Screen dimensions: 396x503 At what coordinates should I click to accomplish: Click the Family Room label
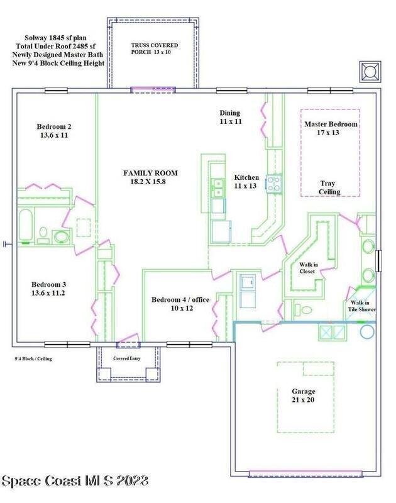coord(150,177)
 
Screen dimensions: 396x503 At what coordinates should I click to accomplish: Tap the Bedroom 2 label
coord(54,131)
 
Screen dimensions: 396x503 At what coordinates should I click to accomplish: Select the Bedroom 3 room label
coord(48,289)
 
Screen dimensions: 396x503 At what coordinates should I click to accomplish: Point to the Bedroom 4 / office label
coord(180,304)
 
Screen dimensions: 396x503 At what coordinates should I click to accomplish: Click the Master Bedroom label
coord(331,128)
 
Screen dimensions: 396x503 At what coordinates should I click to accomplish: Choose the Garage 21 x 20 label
coord(304,395)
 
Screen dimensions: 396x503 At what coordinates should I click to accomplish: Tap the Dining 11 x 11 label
coord(230,117)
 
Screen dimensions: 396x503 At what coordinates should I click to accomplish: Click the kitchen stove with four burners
coord(274,184)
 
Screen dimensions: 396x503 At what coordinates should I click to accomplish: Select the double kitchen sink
coord(218,187)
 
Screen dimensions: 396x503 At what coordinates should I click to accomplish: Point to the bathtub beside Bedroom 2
coord(25,224)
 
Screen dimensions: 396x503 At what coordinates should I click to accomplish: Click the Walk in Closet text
coord(308,268)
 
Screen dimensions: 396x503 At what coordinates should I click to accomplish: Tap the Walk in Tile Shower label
coord(361,306)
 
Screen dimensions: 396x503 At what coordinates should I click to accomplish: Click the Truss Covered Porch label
coord(154,48)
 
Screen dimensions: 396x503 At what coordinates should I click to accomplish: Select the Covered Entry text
coord(126,358)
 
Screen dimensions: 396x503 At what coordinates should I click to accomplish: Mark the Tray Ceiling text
coord(329,187)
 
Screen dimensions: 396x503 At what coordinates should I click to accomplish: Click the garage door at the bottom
coord(305,473)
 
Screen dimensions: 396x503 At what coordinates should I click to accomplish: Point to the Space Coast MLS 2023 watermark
coord(75,481)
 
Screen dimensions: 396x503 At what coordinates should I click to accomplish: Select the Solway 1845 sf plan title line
coord(55,38)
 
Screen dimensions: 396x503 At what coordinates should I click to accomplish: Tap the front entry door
coord(128,341)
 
